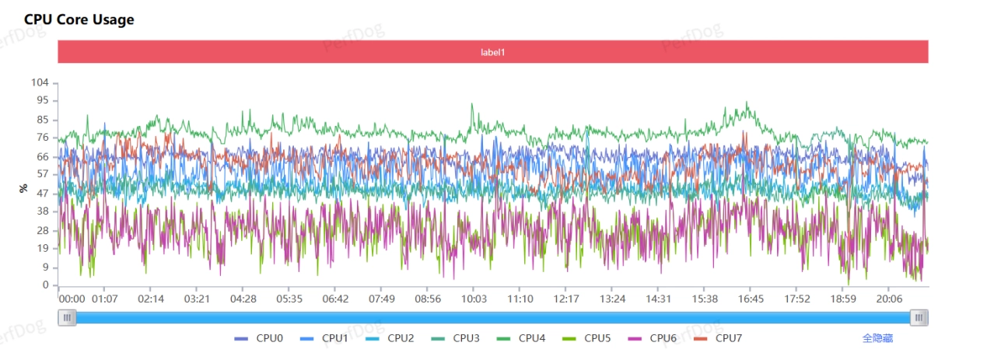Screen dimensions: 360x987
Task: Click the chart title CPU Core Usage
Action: coord(79,19)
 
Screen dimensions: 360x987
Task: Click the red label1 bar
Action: coord(493,52)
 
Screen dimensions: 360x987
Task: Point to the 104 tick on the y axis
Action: coord(40,82)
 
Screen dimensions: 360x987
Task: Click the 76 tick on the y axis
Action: coord(42,138)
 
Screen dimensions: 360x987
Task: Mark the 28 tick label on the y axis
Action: coord(42,230)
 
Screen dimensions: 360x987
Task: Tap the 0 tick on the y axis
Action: coord(45,285)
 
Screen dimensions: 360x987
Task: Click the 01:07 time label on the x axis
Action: coord(104,299)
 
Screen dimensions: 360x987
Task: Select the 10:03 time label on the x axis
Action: coord(474,299)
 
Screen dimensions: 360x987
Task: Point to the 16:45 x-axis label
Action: coord(751,299)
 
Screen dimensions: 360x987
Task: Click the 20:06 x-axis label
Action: coord(889,299)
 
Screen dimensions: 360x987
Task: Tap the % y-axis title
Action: coord(23,188)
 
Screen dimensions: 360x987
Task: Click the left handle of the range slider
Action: coord(68,317)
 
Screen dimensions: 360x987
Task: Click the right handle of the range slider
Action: coord(919,317)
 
